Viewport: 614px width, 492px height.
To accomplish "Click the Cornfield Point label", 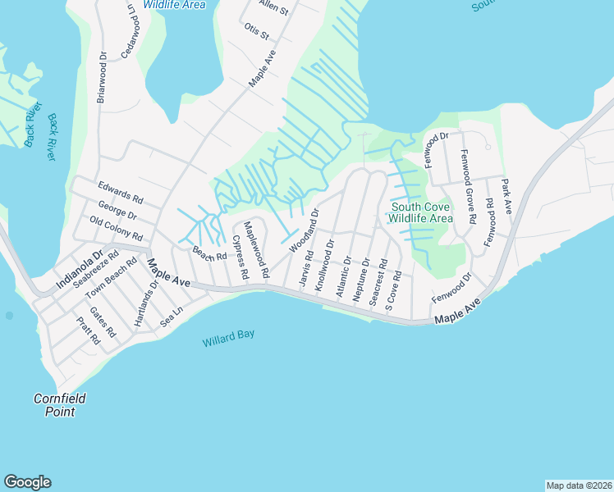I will [54, 405].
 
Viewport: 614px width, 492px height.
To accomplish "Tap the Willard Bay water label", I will [229, 339].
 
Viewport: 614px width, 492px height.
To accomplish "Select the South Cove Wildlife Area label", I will [419, 212].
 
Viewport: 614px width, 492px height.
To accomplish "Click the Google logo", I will [27, 482].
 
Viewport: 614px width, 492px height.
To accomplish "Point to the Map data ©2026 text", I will [578, 485].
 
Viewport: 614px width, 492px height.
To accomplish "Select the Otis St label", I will [256, 33].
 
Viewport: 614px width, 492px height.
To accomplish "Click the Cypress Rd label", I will [240, 258].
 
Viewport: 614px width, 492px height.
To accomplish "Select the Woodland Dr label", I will [303, 231].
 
